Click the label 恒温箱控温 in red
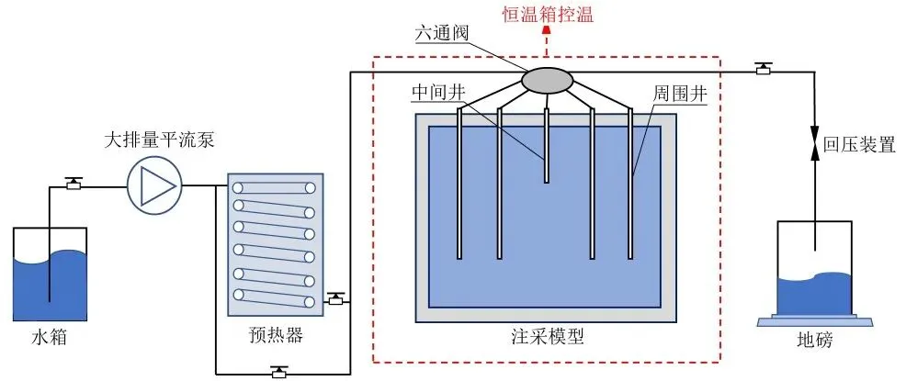click(x=549, y=13)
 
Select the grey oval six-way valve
click(x=547, y=80)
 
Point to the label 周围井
click(x=677, y=95)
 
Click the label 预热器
click(x=276, y=334)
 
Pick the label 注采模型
click(x=547, y=336)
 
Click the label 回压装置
click(x=859, y=145)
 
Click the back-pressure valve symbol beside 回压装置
click(x=815, y=146)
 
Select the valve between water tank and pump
click(x=74, y=183)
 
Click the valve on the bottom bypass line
click(x=278, y=371)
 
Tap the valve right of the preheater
click(x=336, y=298)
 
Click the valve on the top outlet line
click(x=762, y=68)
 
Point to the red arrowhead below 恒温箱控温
click(x=548, y=30)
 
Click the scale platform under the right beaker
click(x=814, y=320)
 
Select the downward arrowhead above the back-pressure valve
click(x=815, y=130)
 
